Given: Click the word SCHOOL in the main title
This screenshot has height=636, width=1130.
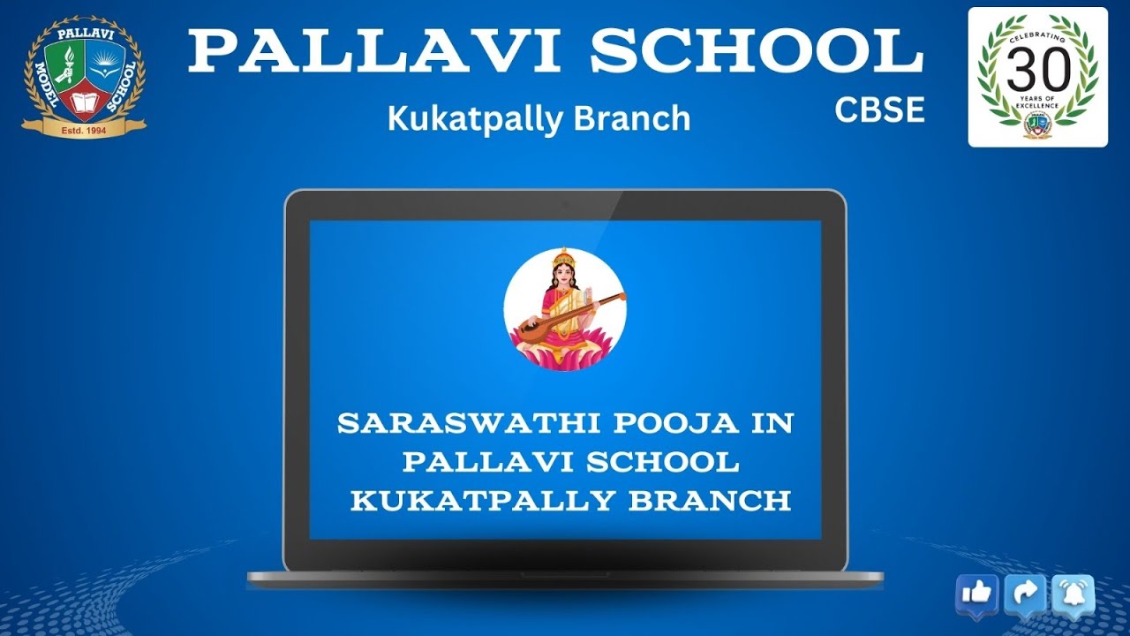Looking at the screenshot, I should tap(757, 52).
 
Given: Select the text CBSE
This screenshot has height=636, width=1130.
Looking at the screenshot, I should tap(880, 110).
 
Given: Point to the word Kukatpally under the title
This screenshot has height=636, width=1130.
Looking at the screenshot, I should tap(475, 118).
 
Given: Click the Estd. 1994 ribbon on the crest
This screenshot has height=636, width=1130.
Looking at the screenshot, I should tap(84, 130).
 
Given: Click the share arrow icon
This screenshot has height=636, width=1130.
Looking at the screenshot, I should tap(1025, 594).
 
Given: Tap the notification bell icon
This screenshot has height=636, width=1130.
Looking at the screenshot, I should tap(1073, 594).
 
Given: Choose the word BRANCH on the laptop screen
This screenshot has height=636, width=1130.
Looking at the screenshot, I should tap(710, 501).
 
